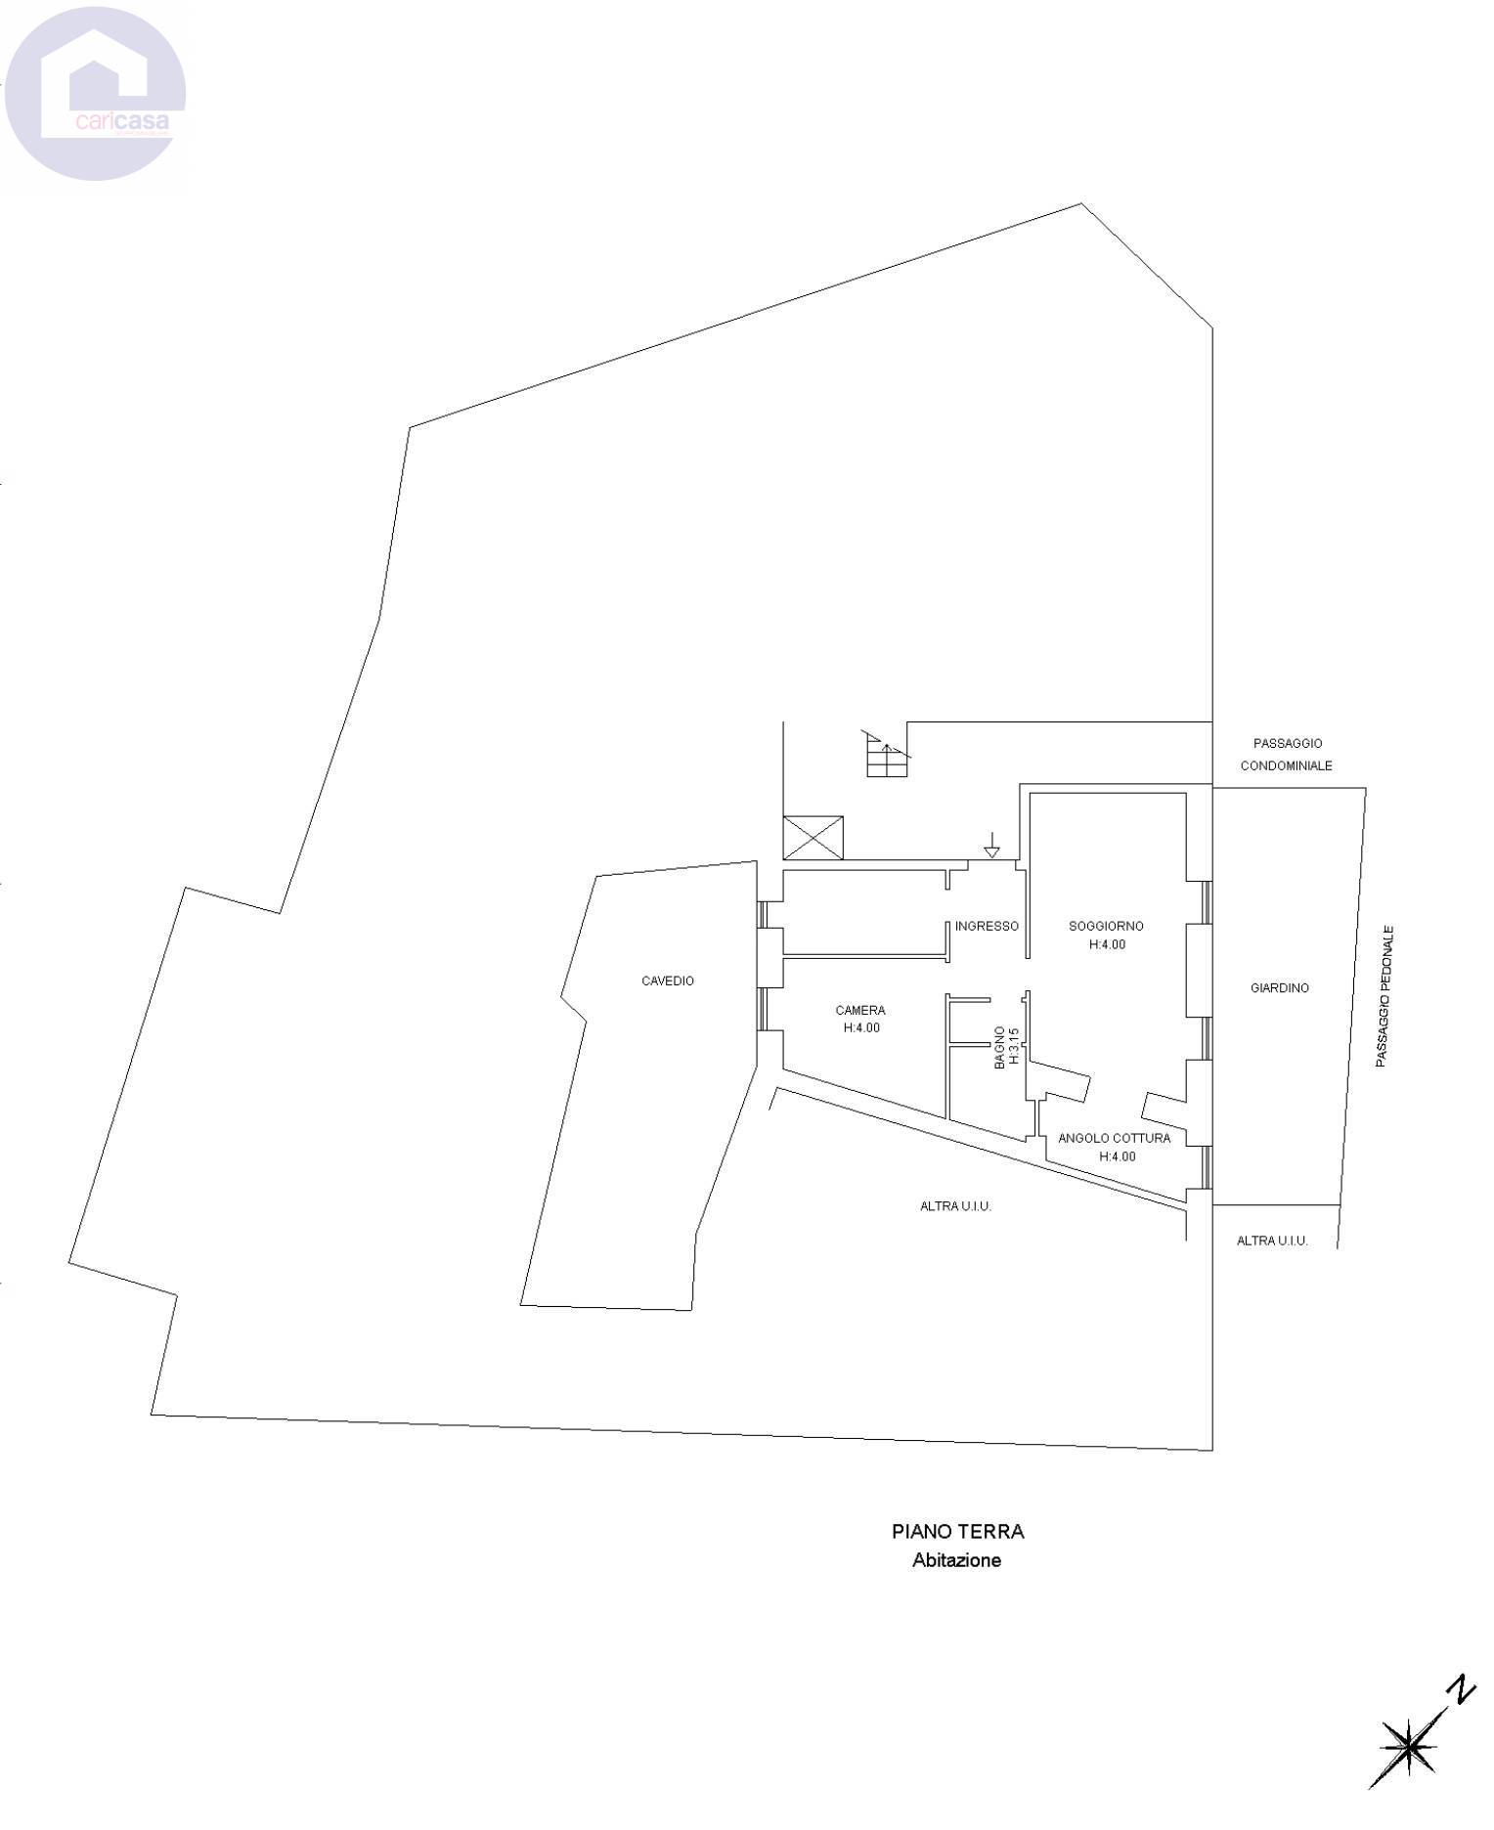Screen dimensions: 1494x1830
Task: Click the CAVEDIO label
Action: (668, 980)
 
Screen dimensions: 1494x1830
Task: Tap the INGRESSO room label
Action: (987, 926)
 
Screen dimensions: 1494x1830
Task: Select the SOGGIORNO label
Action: (1106, 926)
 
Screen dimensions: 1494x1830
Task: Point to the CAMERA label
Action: (860, 1010)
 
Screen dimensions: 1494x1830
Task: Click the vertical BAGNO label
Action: (999, 1047)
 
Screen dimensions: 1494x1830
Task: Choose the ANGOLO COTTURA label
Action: (1115, 1138)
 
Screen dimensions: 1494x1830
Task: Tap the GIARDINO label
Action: (1280, 988)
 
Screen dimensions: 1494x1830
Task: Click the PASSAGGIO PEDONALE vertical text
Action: (1382, 996)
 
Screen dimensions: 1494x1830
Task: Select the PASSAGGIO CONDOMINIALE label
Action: (1287, 755)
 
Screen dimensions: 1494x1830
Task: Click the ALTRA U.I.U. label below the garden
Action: (1272, 1241)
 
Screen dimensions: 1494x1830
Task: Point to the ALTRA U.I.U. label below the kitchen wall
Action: (955, 1206)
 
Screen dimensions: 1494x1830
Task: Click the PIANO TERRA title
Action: (958, 1532)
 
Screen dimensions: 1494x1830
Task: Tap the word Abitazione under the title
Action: (957, 1560)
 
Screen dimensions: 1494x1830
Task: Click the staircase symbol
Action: (886, 755)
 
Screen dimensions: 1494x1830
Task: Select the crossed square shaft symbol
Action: (813, 838)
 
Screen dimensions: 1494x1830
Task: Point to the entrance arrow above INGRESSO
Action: (991, 845)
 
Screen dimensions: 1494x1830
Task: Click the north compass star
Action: (1409, 1747)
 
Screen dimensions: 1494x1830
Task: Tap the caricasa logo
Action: (95, 94)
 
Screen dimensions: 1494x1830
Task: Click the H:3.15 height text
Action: (1014, 1046)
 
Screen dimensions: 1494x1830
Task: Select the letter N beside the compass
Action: (1462, 1690)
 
